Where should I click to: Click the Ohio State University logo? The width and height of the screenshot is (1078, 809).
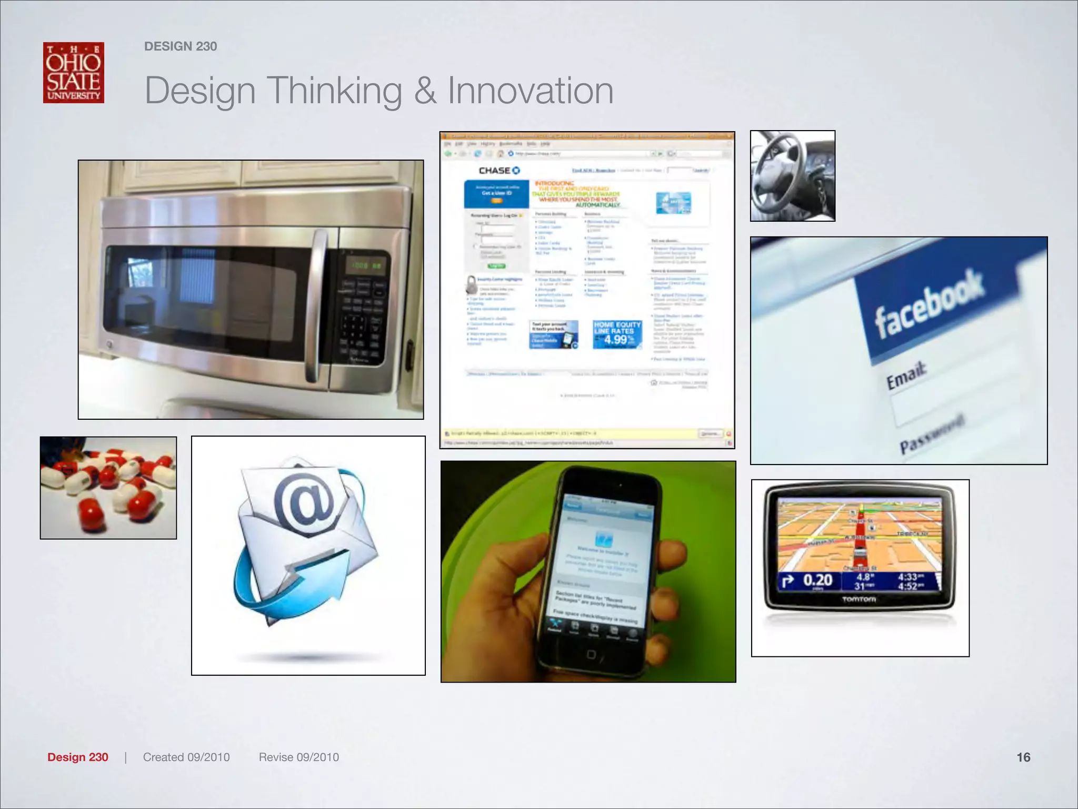click(x=74, y=73)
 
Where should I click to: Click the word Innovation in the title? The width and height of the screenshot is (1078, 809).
click(x=530, y=91)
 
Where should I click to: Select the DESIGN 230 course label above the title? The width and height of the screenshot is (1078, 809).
click(x=181, y=46)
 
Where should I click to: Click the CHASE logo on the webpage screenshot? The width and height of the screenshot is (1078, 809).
click(x=498, y=171)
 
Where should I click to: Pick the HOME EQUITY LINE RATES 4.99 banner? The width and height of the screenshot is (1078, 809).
click(x=617, y=334)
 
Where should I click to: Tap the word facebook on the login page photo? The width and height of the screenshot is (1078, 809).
click(x=929, y=304)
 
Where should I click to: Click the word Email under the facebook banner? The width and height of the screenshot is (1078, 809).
click(x=906, y=375)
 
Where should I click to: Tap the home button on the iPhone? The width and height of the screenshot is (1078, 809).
click(x=591, y=655)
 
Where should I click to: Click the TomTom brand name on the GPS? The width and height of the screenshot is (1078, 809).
click(x=859, y=599)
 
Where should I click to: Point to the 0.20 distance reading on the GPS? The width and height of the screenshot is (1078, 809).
click(x=817, y=580)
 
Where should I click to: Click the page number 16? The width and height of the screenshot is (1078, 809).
click(x=1023, y=757)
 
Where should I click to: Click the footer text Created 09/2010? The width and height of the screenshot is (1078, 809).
click(x=186, y=757)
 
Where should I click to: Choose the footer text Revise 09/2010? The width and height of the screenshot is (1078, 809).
click(x=298, y=757)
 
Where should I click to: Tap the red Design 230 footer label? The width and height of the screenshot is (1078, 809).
click(x=78, y=757)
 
